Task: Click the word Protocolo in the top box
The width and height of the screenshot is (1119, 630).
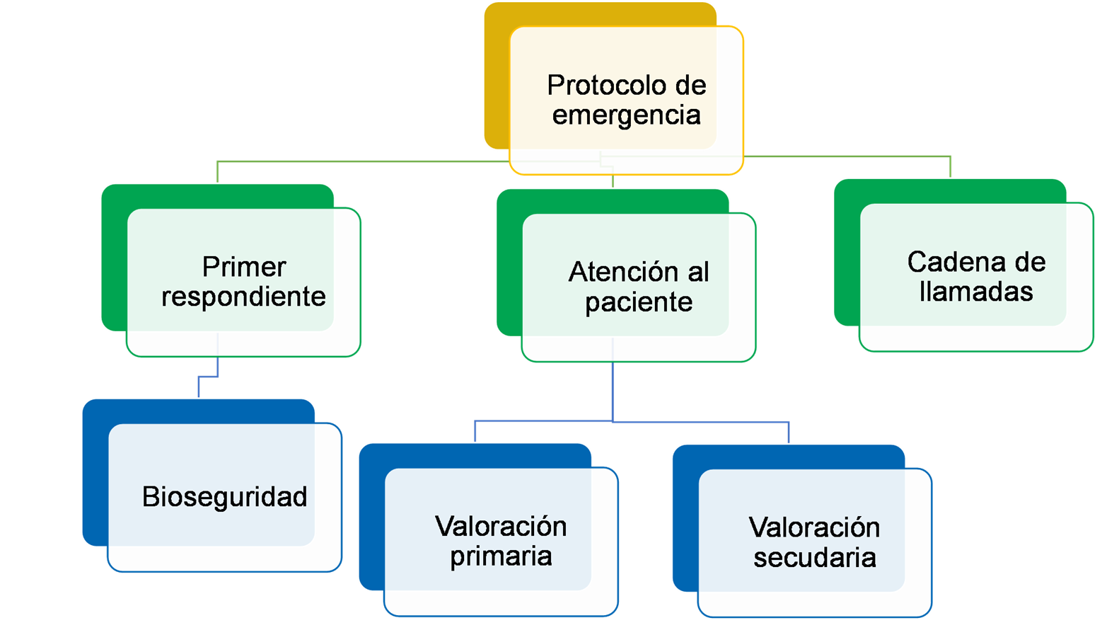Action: [606, 86]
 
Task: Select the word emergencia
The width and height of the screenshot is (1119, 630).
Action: [626, 115]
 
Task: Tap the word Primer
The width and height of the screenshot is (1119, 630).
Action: [244, 268]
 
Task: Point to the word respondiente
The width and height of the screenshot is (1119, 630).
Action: [243, 297]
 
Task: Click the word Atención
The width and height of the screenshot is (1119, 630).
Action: [615, 272]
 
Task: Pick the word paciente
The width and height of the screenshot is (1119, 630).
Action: [639, 302]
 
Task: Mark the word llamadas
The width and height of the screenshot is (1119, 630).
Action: [976, 292]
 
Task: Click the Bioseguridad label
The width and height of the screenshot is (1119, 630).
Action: [224, 497]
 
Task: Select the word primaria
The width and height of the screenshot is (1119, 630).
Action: [501, 556]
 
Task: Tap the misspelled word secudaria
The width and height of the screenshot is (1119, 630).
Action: [814, 558]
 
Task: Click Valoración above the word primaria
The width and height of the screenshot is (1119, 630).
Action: [501, 527]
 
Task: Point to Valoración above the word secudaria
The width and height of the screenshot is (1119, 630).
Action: [814, 528]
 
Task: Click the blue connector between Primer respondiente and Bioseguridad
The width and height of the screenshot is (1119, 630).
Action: [209, 377]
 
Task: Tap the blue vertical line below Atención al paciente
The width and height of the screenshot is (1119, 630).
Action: [613, 393]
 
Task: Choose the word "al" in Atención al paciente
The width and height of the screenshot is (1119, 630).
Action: [697, 272]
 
